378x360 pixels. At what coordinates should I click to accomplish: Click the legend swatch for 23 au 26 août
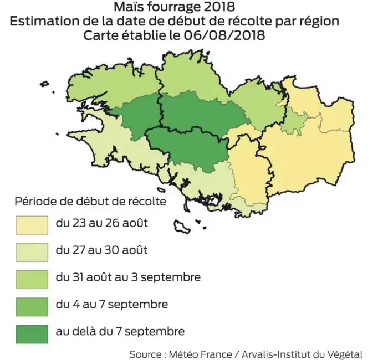pyautogui.click(x=30, y=224)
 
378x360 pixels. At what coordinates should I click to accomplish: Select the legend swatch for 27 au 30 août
pyautogui.click(x=30, y=251)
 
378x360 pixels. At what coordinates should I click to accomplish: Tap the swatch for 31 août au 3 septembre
pyautogui.click(x=30, y=277)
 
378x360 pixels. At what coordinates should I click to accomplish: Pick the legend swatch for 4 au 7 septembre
pyautogui.click(x=30, y=305)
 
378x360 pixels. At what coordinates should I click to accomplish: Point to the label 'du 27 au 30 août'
pyautogui.click(x=101, y=250)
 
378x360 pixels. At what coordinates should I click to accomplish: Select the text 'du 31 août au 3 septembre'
pyautogui.click(x=128, y=277)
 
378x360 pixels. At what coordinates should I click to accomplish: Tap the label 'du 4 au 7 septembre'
pyautogui.click(x=112, y=304)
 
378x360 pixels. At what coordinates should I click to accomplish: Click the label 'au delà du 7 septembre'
pyautogui.click(x=120, y=331)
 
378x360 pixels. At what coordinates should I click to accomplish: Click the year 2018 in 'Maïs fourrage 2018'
pyautogui.click(x=212, y=8)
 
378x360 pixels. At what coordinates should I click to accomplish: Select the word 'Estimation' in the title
pyautogui.click(x=44, y=22)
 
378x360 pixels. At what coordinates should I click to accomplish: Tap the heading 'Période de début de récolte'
pyautogui.click(x=90, y=201)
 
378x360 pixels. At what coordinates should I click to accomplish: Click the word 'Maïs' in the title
pyautogui.click(x=126, y=8)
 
